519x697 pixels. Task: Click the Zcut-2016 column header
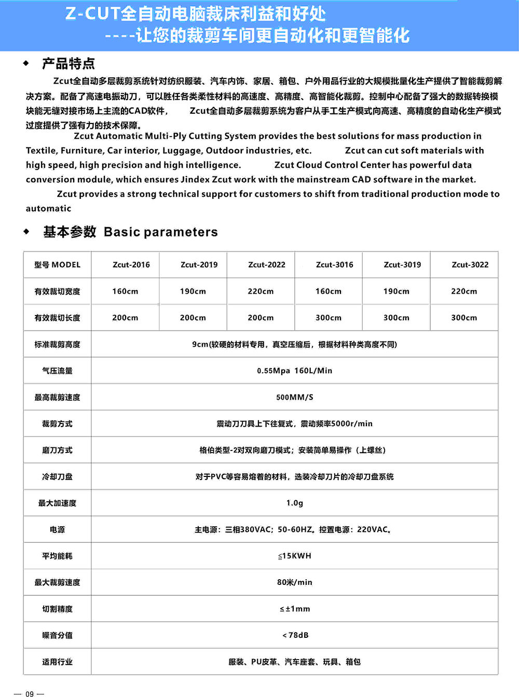(x=131, y=265)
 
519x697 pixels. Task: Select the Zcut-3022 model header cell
(x=470, y=265)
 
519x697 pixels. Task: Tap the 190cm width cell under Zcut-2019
(x=193, y=292)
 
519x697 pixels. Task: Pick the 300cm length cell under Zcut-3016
(x=329, y=318)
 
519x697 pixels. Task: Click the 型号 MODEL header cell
(x=57, y=265)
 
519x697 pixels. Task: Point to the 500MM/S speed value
(x=294, y=398)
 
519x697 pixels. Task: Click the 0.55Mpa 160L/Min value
(x=294, y=371)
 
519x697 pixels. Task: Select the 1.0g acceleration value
(x=294, y=503)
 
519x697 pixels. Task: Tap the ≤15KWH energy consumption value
(x=294, y=556)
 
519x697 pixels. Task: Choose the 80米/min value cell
(x=294, y=582)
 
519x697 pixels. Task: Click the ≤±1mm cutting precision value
(x=294, y=609)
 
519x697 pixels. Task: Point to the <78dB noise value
(x=295, y=635)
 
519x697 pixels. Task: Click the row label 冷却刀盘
(x=57, y=476)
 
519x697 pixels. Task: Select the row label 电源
(x=57, y=529)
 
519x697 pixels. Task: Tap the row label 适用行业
(x=57, y=662)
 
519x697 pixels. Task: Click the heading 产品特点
(x=69, y=64)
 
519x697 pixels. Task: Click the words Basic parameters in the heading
(x=160, y=232)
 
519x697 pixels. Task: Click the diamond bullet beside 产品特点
(x=26, y=63)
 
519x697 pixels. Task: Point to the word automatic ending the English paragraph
(x=48, y=209)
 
